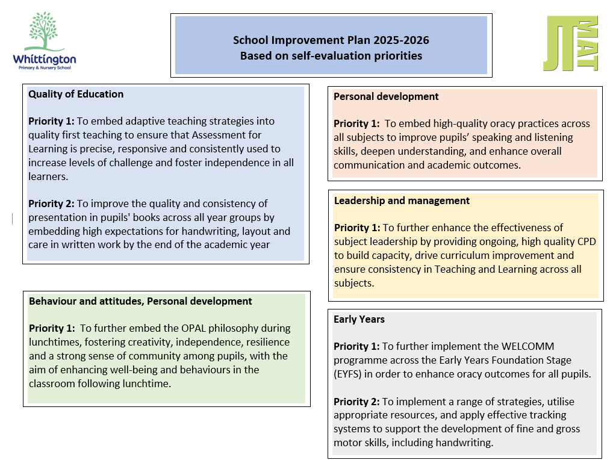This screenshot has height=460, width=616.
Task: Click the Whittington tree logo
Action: (x=44, y=33)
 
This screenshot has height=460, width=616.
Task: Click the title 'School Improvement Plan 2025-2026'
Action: (x=331, y=40)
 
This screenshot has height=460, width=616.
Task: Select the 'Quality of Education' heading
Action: (x=76, y=94)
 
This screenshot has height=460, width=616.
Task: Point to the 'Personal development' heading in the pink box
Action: (x=386, y=96)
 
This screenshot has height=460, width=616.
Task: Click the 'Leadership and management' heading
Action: (x=402, y=200)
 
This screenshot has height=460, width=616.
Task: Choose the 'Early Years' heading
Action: (x=359, y=319)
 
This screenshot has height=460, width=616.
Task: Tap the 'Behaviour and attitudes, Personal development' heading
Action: (x=140, y=301)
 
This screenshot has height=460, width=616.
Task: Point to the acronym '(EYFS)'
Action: (x=350, y=374)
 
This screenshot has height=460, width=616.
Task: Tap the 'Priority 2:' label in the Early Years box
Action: (x=356, y=401)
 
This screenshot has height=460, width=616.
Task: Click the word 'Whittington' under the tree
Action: (x=45, y=59)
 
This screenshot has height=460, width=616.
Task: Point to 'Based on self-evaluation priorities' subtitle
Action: (x=331, y=56)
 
